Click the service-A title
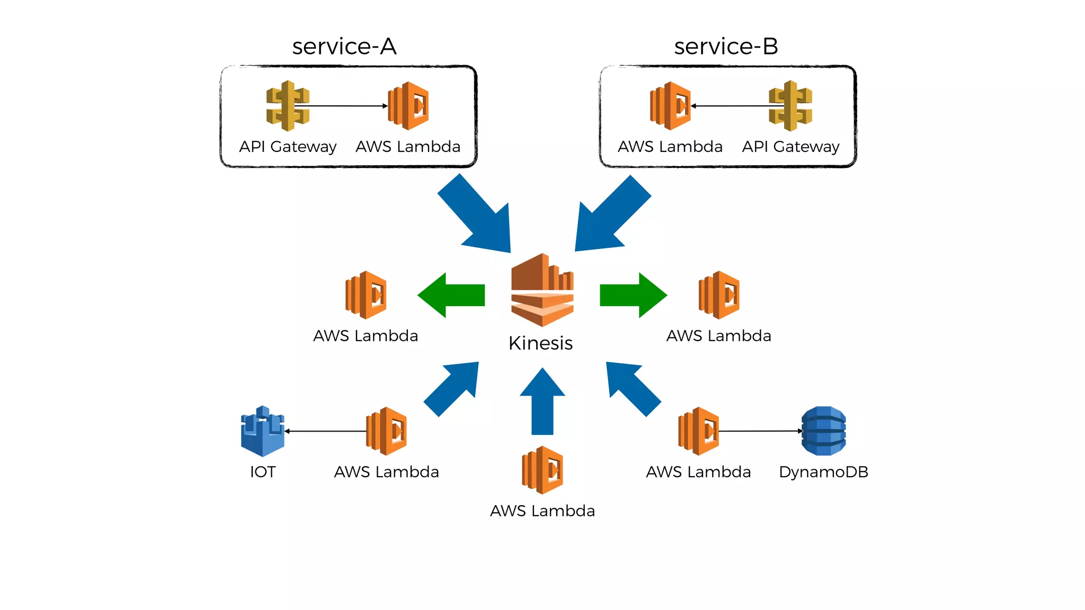[x=344, y=47]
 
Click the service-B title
[x=726, y=47]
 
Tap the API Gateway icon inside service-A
[x=288, y=106]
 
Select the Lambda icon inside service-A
[x=408, y=106]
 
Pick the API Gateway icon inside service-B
[x=790, y=106]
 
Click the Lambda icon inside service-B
[x=670, y=106]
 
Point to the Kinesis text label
[x=540, y=343]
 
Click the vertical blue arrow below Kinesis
[x=542, y=402]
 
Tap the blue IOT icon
[x=263, y=431]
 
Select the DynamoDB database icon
[x=823, y=431]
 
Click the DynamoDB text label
[x=823, y=472]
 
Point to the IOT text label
[x=263, y=472]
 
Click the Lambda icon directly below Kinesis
[x=542, y=470]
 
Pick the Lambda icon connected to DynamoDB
[x=698, y=431]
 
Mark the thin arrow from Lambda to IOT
[x=326, y=431]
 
